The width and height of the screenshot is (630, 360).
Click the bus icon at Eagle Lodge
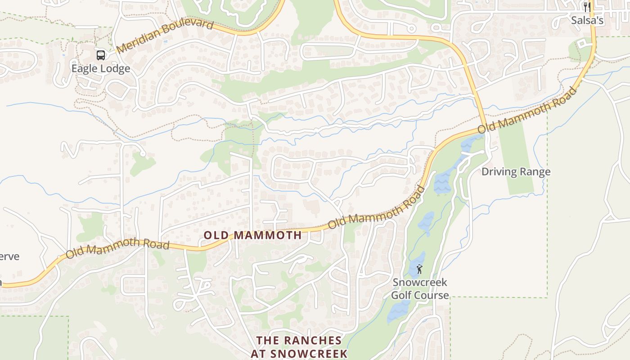click(x=101, y=55)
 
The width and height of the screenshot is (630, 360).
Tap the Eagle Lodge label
click(x=101, y=69)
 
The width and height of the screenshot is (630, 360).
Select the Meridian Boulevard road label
click(x=164, y=36)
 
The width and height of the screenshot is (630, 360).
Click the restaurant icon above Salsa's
click(x=587, y=7)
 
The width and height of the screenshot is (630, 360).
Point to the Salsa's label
click(x=587, y=20)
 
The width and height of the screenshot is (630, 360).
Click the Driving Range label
click(x=516, y=172)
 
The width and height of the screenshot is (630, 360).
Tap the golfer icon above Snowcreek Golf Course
click(x=419, y=270)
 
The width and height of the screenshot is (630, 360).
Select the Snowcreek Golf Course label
click(x=420, y=289)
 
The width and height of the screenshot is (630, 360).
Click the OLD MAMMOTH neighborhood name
click(x=252, y=235)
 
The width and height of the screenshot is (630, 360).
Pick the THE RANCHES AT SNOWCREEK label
click(x=299, y=346)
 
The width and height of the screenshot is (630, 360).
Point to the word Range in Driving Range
click(x=535, y=172)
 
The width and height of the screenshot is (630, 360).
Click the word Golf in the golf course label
click(x=401, y=296)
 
